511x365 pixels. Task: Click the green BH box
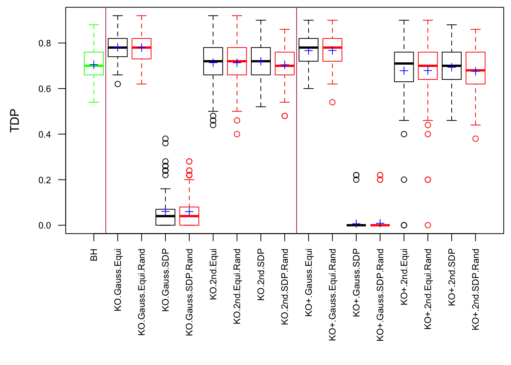(x=94, y=57)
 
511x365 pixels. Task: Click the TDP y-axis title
(x=15, y=121)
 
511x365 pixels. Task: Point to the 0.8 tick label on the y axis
(x=44, y=43)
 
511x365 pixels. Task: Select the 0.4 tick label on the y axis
(x=44, y=134)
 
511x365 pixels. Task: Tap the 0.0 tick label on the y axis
(x=44, y=225)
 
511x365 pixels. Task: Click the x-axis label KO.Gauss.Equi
(x=118, y=280)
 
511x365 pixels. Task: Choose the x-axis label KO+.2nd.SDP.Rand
(x=476, y=289)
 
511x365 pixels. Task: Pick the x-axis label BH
(x=94, y=255)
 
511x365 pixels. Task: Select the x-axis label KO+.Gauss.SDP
(x=356, y=282)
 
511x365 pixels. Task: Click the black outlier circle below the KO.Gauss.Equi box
(x=118, y=84)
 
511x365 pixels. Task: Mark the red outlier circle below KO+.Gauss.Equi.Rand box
(x=332, y=102)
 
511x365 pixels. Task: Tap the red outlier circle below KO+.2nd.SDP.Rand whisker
(x=476, y=139)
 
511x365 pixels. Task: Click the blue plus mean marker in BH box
(x=94, y=65)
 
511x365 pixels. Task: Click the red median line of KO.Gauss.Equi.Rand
(x=141, y=48)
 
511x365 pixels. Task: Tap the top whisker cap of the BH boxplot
(x=94, y=25)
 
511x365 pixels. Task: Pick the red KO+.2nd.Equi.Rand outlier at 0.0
(x=428, y=225)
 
